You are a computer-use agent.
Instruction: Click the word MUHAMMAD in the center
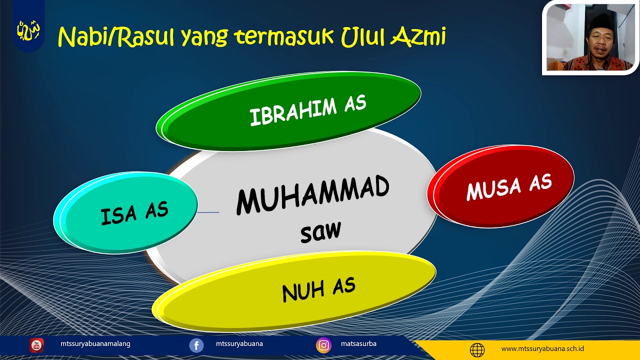coord(312,195)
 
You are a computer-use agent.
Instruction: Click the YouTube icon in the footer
coord(36,345)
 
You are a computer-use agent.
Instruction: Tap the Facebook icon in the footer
coord(196,345)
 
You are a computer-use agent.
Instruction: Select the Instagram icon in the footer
coord(323,345)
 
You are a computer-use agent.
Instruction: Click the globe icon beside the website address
coord(477,349)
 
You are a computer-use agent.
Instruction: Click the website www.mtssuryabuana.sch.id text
coord(542,349)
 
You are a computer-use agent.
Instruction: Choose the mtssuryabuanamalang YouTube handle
coord(95,344)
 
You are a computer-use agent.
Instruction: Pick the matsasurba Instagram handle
coord(358,344)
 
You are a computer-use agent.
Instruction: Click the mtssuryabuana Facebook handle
coord(239,344)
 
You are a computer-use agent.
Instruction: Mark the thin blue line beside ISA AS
coord(208,212)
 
